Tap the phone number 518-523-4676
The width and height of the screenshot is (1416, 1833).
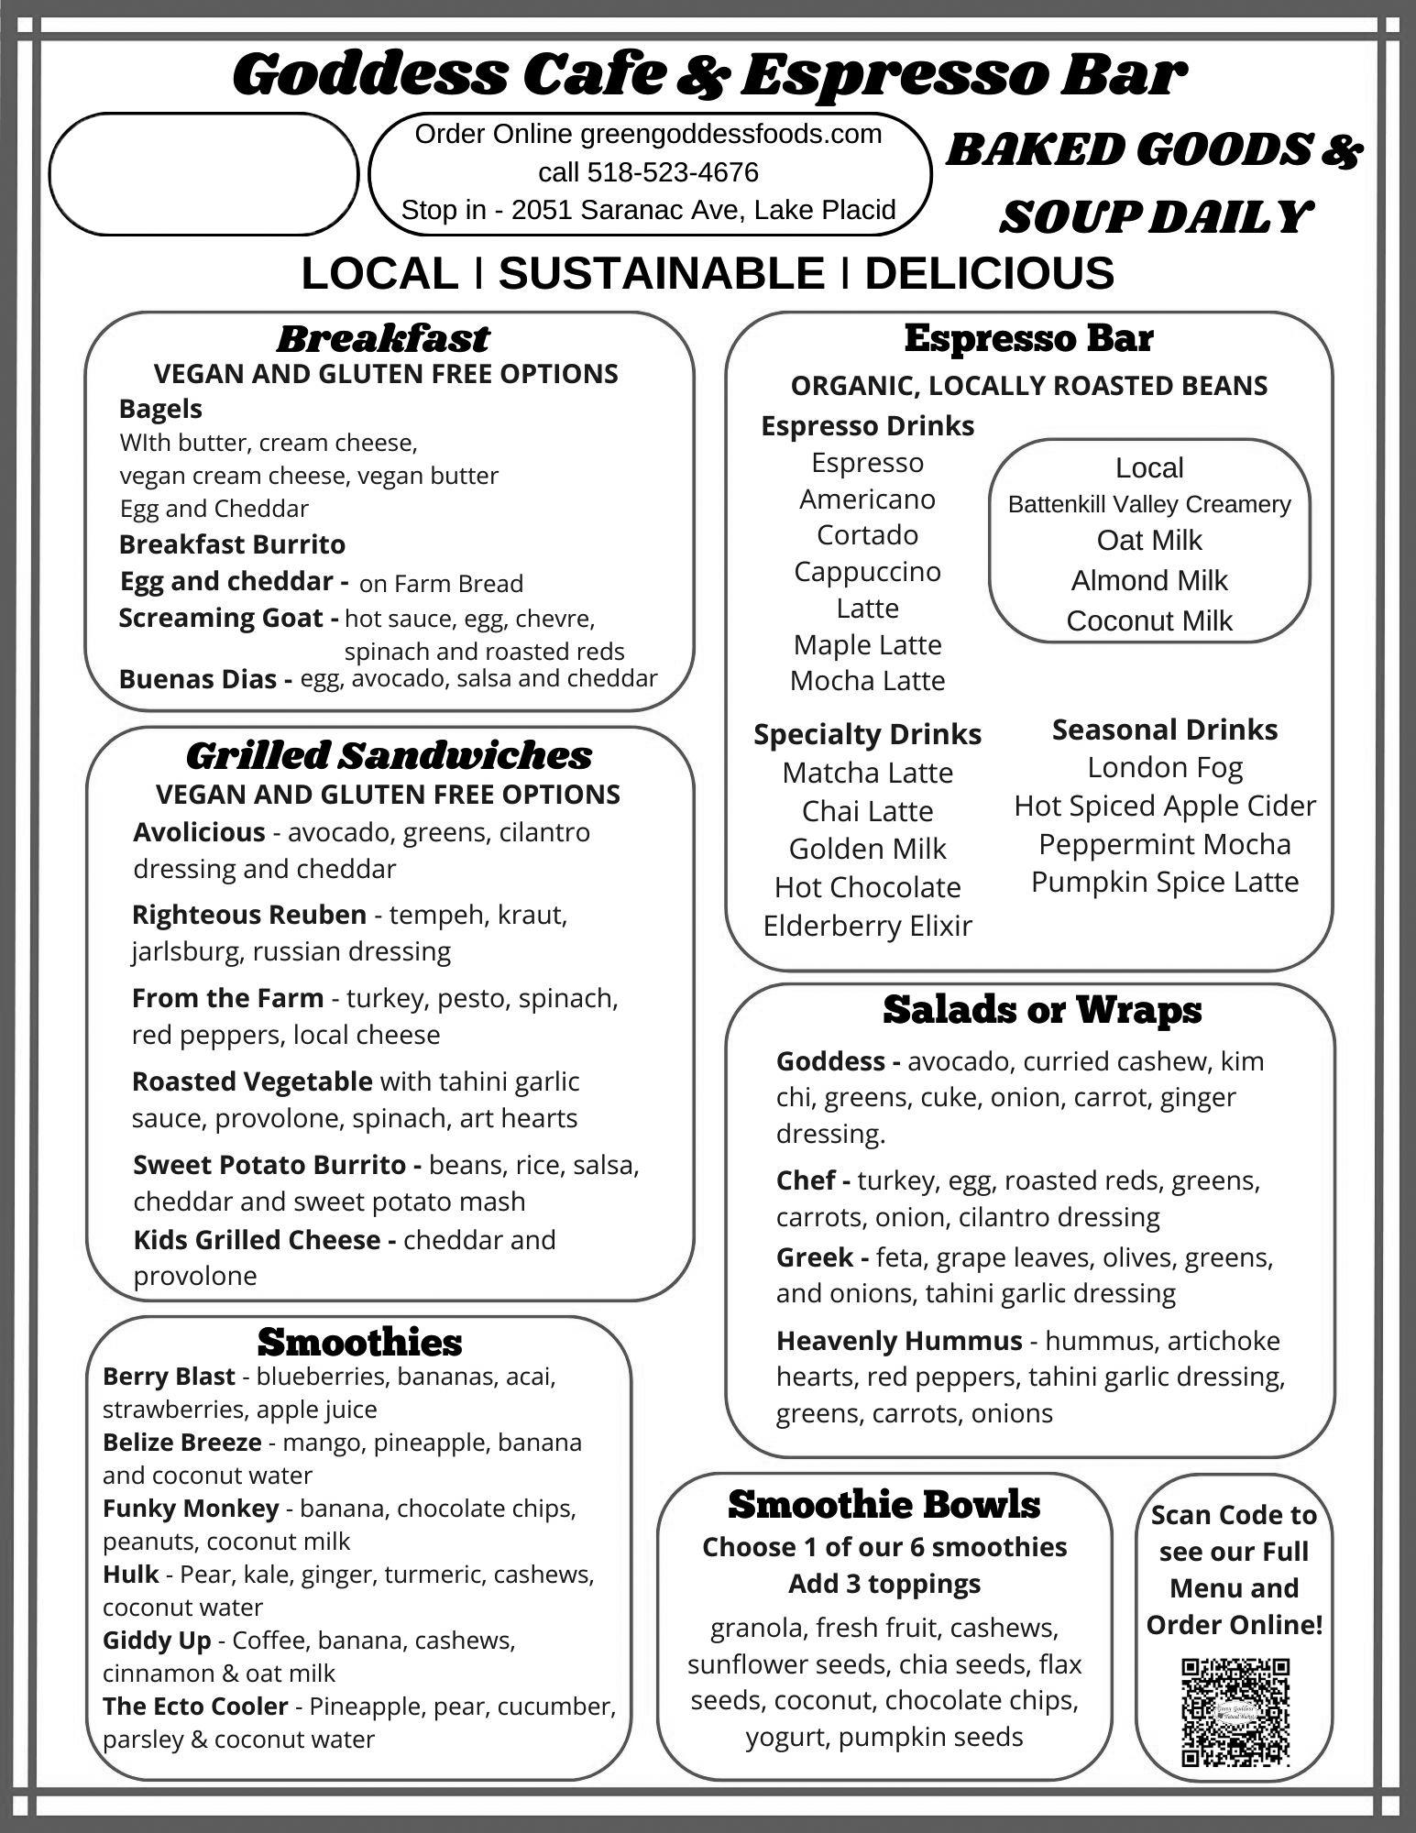[672, 172]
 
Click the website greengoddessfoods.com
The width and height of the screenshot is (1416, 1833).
[730, 134]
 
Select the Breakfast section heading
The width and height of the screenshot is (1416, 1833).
[382, 338]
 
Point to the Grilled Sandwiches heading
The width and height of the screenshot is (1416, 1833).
[389, 756]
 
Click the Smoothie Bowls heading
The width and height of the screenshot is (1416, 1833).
[884, 1504]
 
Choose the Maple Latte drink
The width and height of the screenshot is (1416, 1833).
[867, 644]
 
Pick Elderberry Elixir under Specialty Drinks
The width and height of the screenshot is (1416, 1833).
[867, 926]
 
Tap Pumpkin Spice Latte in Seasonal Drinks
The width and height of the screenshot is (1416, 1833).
[1164, 882]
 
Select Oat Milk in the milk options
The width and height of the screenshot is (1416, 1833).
[1148, 540]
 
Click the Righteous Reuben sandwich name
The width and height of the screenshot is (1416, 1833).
[248, 915]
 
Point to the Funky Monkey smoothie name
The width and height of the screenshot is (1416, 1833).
[191, 1508]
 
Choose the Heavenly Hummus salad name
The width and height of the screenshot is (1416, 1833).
[898, 1341]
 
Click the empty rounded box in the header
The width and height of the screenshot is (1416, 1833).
[203, 173]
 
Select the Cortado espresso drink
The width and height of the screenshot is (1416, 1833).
[867, 534]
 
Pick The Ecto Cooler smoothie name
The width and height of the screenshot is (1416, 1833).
[195, 1706]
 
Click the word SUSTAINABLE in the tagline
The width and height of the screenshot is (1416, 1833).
[661, 273]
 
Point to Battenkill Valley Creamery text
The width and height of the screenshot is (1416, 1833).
[1148, 504]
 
